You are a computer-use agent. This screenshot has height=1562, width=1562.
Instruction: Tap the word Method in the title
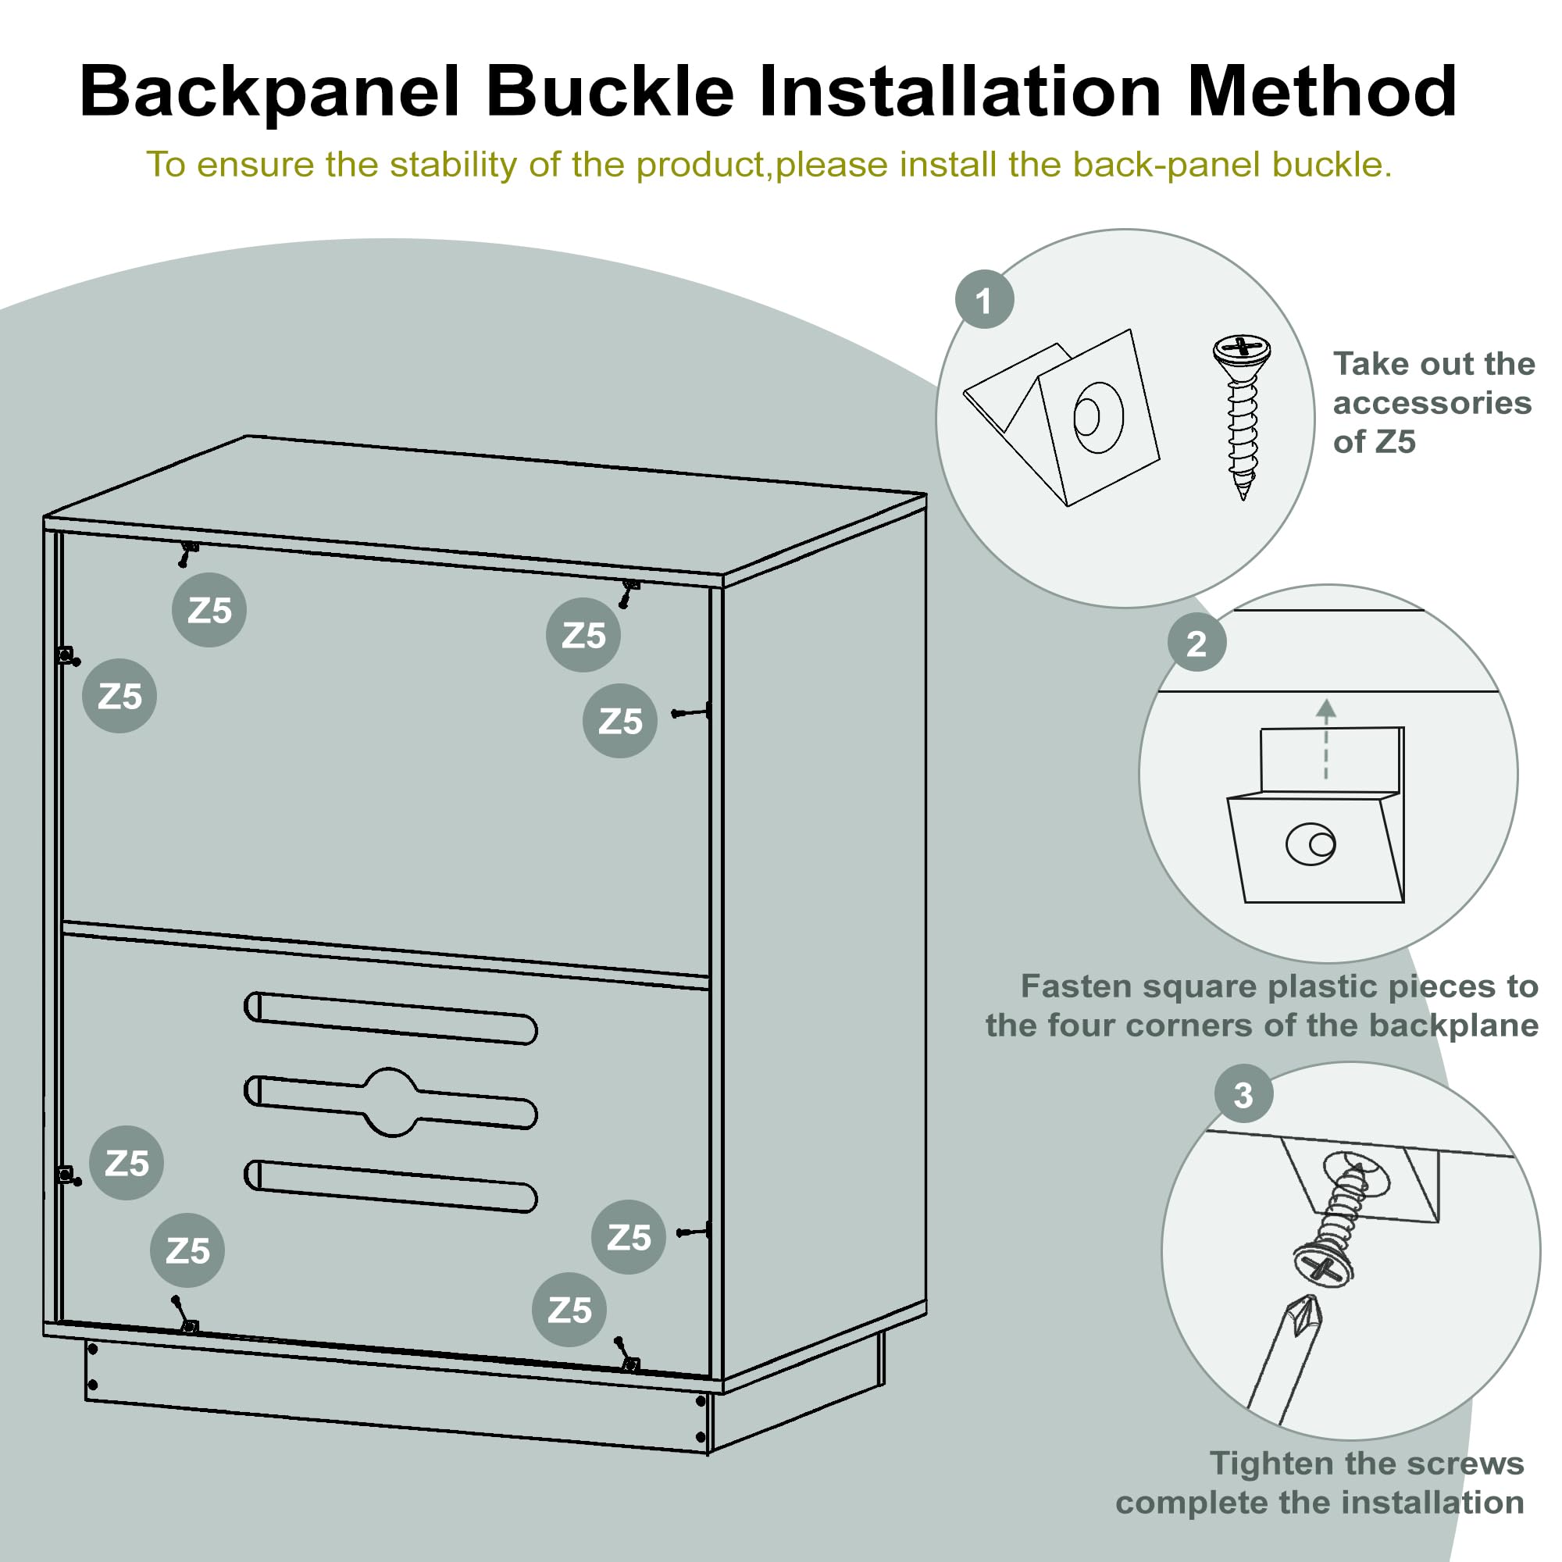tap(1321, 91)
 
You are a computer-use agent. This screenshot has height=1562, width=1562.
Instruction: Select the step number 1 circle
tap(984, 300)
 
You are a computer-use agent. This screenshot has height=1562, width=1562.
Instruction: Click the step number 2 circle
tap(1196, 644)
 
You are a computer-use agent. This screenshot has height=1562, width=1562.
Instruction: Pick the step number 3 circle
tap(1243, 1096)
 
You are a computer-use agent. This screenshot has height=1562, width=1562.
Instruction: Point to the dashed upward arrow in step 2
tap(1325, 740)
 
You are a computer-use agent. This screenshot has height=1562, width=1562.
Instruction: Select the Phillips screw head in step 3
tap(1323, 1266)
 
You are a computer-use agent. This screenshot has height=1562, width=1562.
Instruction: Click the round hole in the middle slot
tap(391, 1101)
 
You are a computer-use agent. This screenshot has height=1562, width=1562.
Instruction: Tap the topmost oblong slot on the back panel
tap(390, 1018)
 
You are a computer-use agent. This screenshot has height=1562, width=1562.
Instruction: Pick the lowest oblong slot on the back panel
tap(390, 1186)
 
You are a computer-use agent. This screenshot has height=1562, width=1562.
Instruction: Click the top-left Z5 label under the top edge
tap(209, 611)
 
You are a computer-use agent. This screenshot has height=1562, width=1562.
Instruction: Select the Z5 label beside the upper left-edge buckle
tap(119, 696)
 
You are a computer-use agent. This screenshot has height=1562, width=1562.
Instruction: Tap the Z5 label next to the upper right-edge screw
tap(619, 721)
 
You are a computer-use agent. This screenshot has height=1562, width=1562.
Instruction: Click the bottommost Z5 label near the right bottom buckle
tap(569, 1311)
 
